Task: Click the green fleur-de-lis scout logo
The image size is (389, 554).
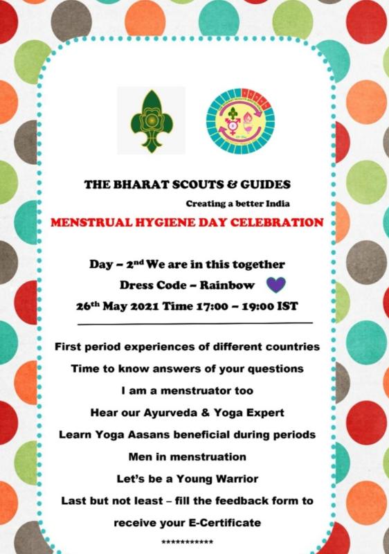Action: [x=151, y=119]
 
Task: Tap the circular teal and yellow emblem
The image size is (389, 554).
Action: [x=240, y=119]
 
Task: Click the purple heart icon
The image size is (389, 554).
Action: [x=276, y=285]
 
